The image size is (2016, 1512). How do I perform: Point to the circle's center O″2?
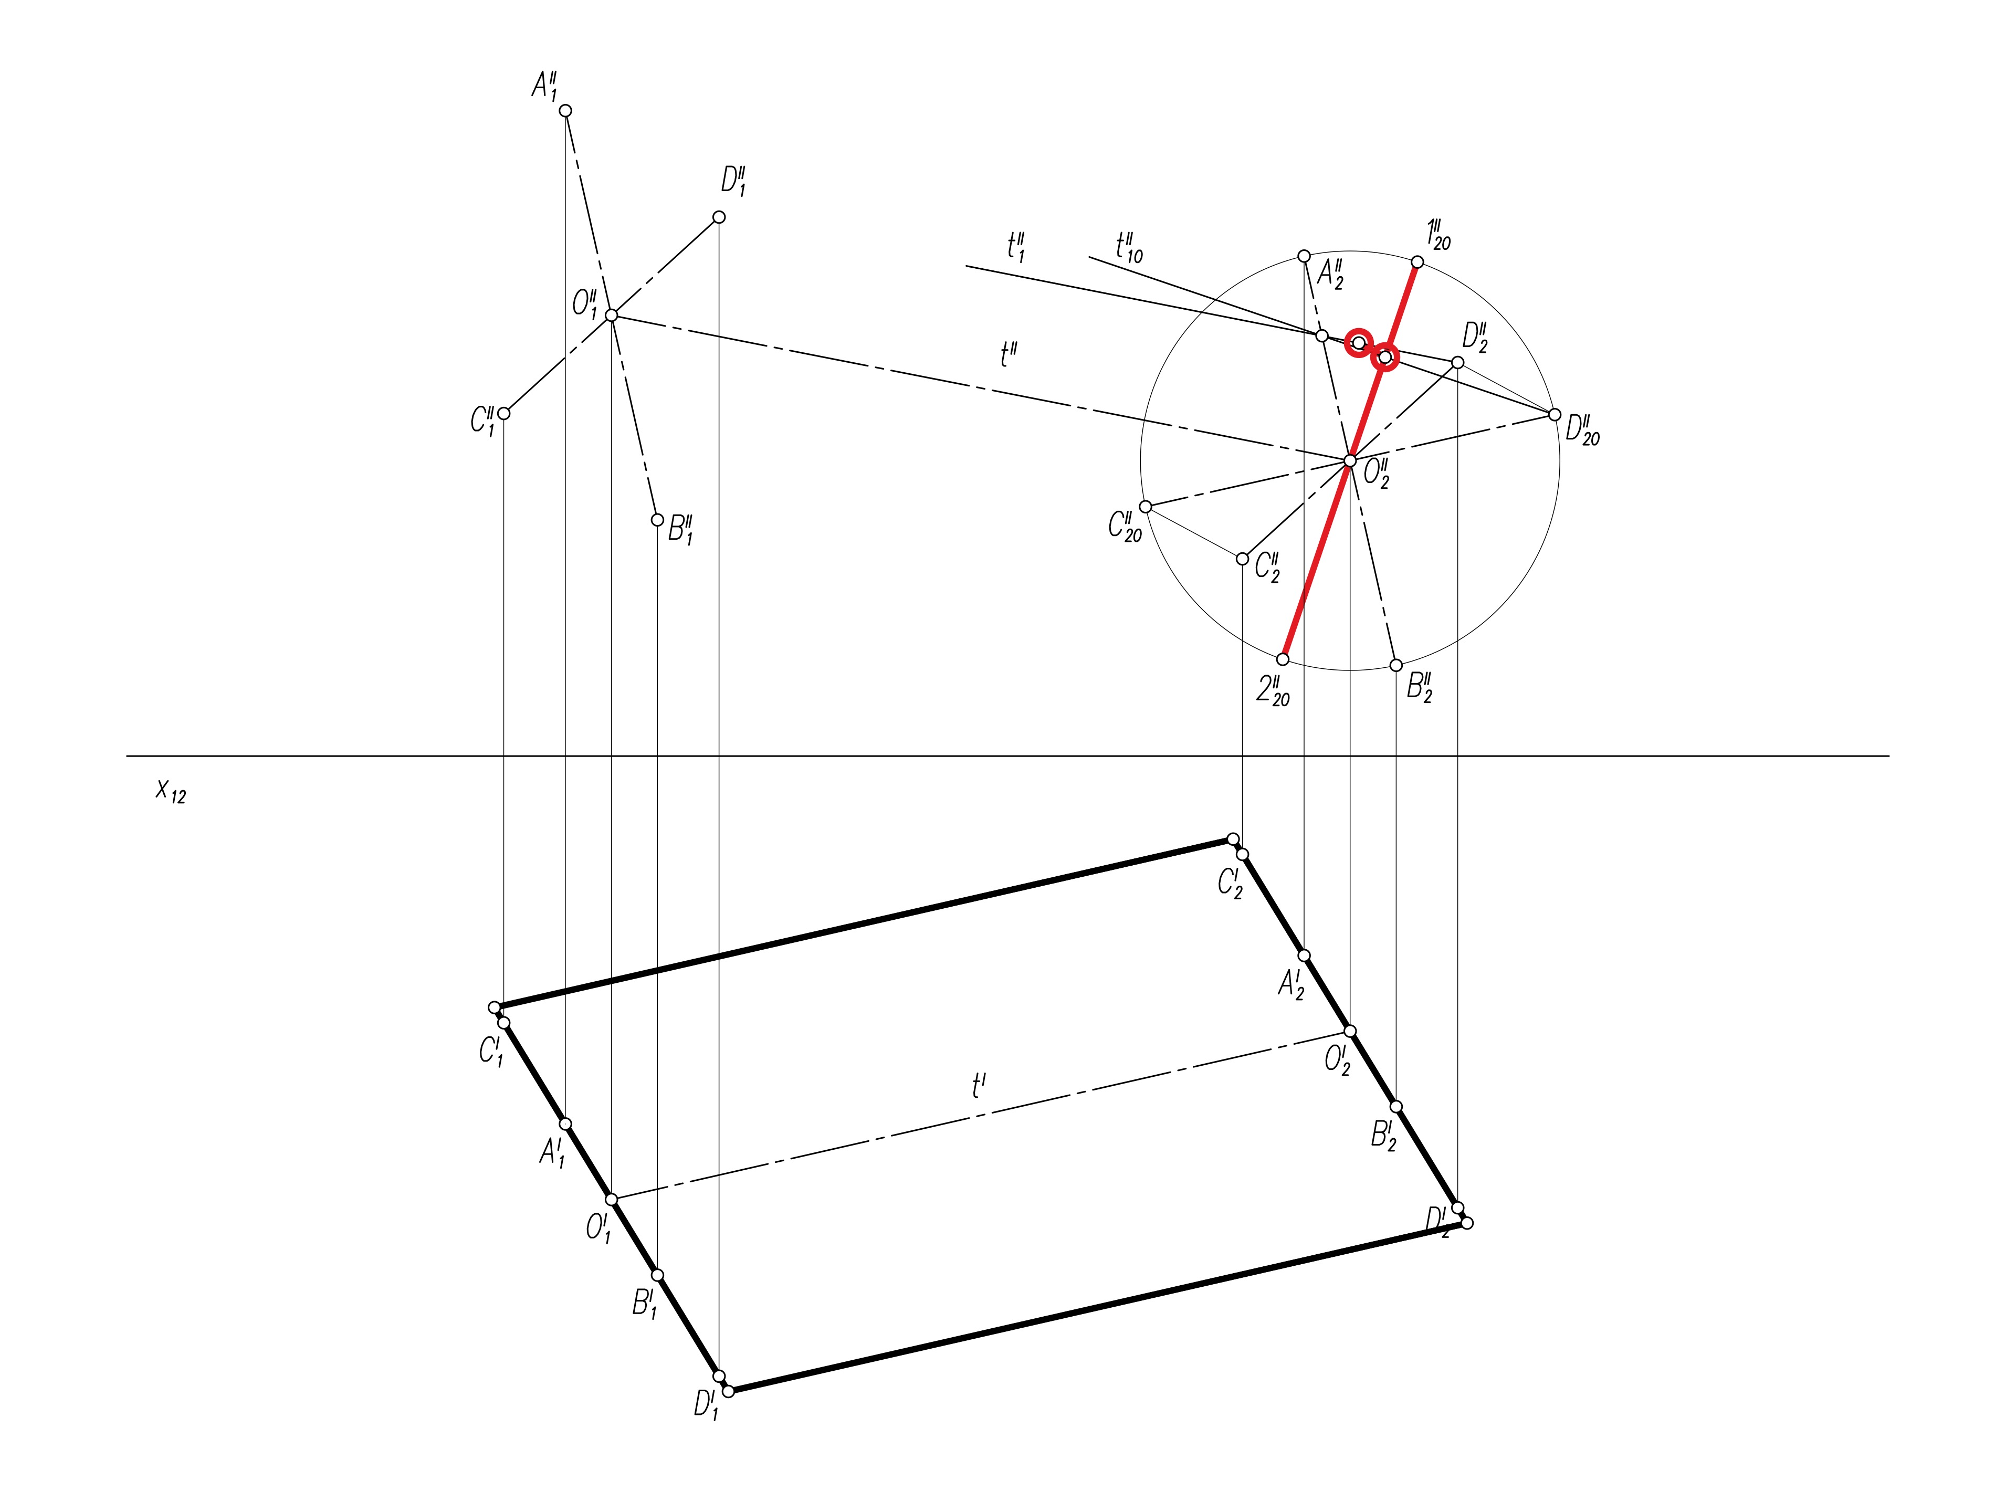[1350, 461]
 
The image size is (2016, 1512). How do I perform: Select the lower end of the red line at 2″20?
[1283, 659]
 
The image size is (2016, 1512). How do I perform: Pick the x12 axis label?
[171, 791]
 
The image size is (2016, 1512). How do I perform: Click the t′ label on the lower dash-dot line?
[979, 1086]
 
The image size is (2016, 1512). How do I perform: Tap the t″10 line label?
[1128, 247]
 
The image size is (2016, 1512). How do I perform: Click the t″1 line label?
[1016, 247]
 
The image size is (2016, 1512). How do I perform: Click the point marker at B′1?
[658, 1275]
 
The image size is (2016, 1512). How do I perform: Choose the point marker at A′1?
[565, 1123]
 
